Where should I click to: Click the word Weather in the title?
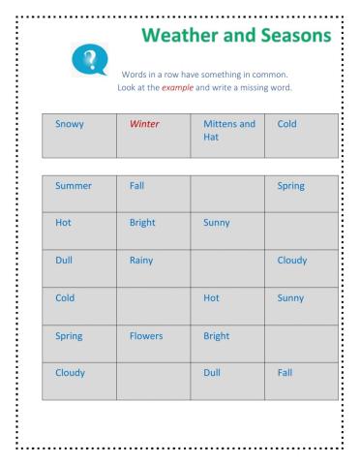click(x=185, y=35)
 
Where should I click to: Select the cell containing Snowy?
click(x=79, y=136)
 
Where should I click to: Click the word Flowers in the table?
click(x=146, y=336)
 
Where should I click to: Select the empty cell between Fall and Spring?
click(x=227, y=193)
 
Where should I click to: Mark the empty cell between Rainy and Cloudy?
click(x=227, y=268)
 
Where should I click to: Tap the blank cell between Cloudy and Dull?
click(x=154, y=381)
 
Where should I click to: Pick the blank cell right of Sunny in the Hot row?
click(x=302, y=231)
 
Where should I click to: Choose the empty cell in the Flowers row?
click(x=302, y=344)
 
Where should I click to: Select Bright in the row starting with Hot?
click(x=142, y=222)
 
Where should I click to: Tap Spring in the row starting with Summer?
click(x=290, y=185)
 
